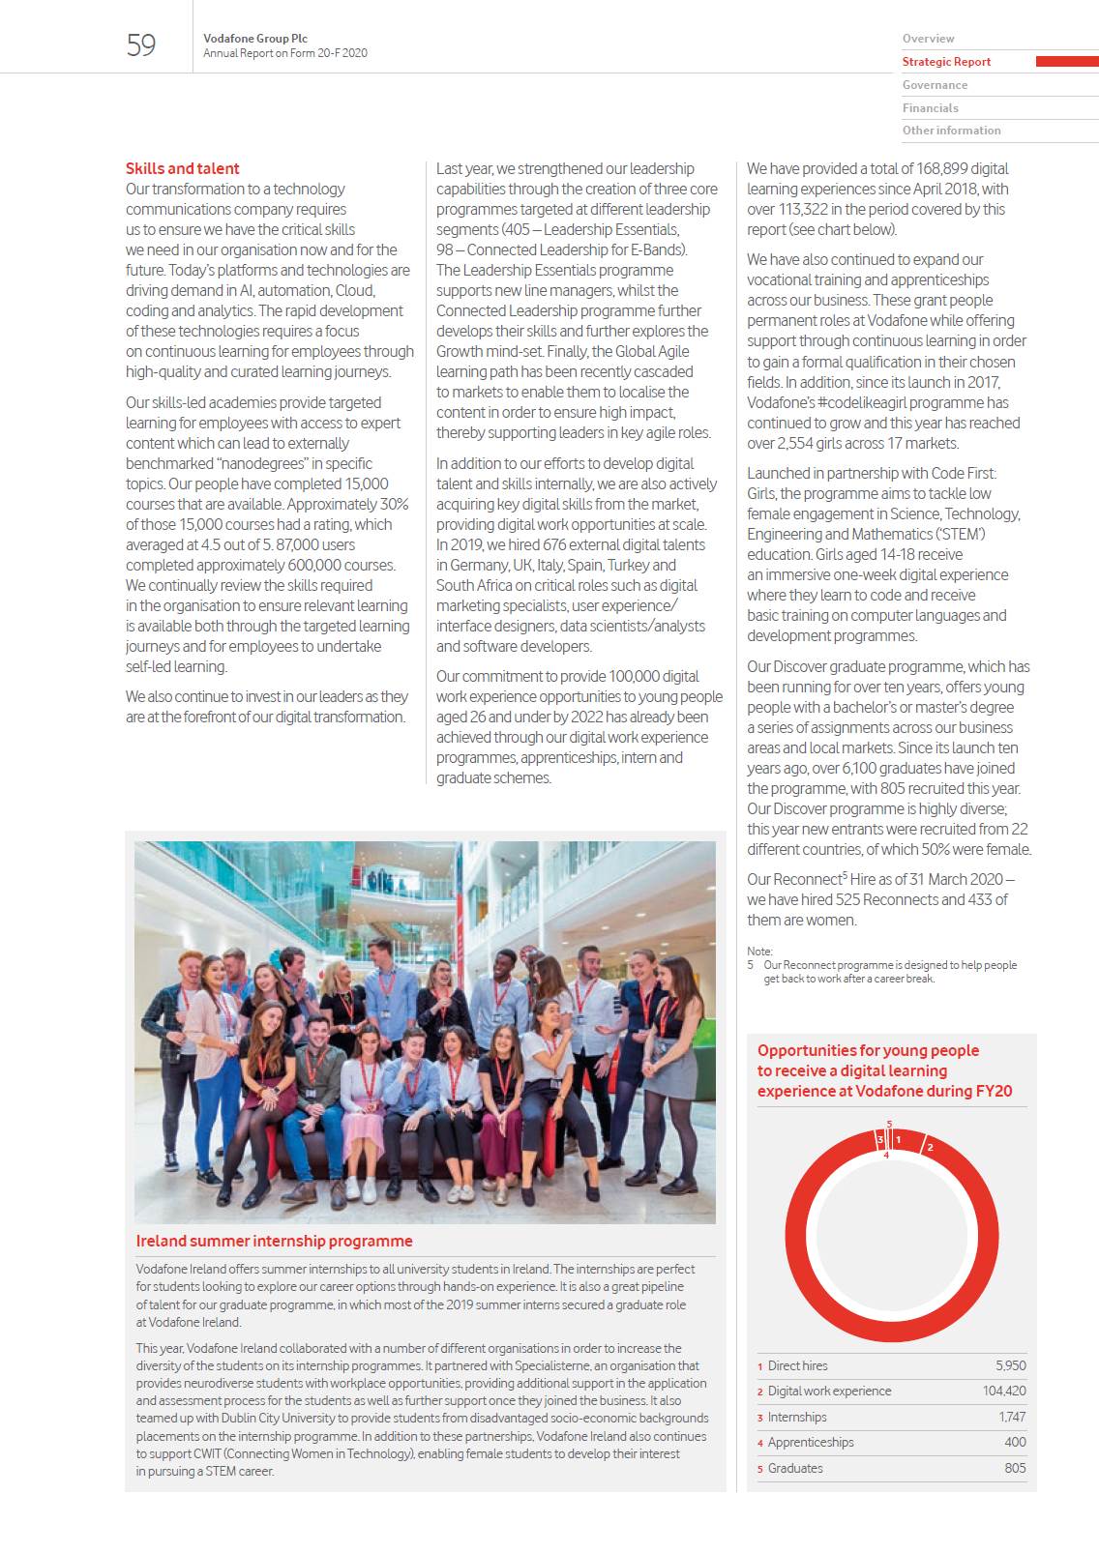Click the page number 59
tap(141, 45)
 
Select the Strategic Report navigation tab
tap(946, 62)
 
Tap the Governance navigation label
tap(935, 85)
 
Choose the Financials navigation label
tap(930, 108)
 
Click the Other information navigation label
tap(951, 131)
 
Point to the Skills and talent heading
tap(182, 168)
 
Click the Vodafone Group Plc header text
tap(255, 39)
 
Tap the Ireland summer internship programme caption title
tap(274, 1241)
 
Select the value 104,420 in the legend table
tap(1004, 1392)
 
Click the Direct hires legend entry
tap(797, 1366)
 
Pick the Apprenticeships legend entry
tap(811, 1443)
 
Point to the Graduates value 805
tap(1015, 1468)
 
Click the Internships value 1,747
tap(1012, 1417)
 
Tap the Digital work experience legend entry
tap(829, 1392)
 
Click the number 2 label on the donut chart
tap(930, 1148)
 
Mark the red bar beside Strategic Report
tap(1067, 62)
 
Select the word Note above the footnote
tap(758, 952)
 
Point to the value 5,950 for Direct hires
tap(1011, 1366)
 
